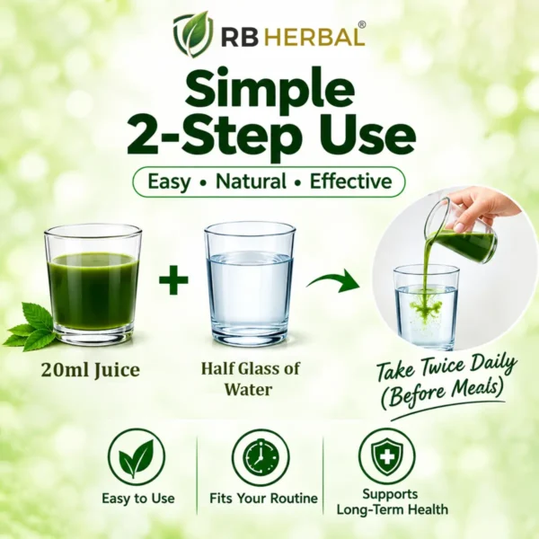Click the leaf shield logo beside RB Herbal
192,34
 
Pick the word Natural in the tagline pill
251,181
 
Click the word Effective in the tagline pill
351,181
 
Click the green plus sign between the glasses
173,279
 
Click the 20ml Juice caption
91,370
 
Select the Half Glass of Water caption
250,379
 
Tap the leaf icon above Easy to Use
137,457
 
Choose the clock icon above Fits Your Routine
261,457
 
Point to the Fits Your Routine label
263,498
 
